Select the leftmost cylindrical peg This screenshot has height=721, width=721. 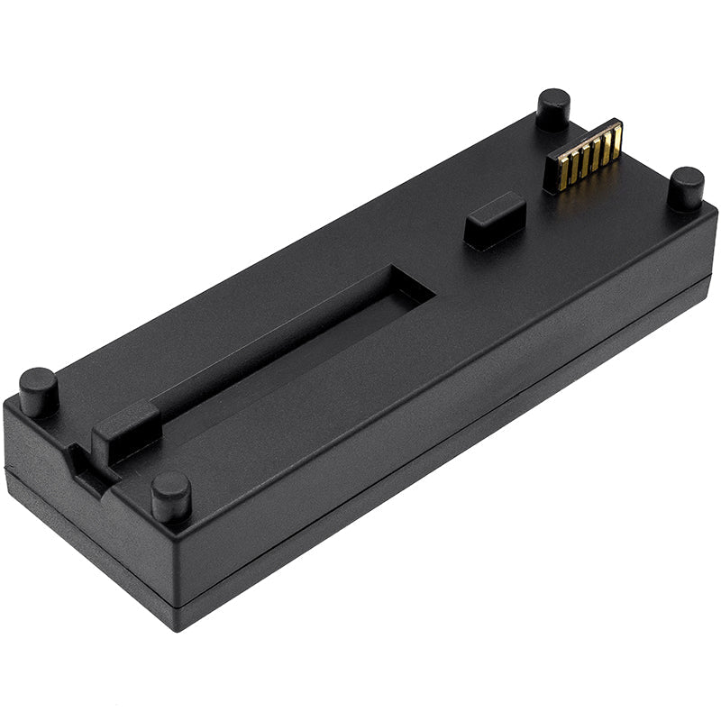pos(39,390)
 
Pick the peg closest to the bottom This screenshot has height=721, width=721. pos(170,496)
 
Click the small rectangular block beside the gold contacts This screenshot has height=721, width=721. pos(495,220)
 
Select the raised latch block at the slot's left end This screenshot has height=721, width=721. pos(125,432)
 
